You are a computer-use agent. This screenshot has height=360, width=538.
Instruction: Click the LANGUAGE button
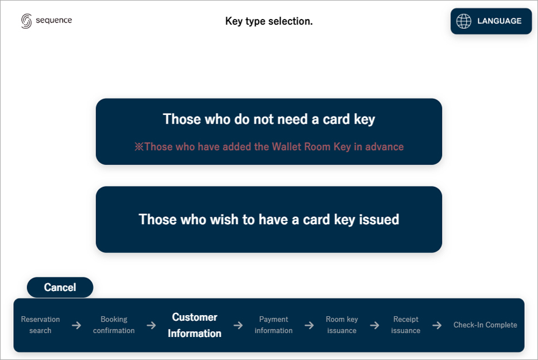[x=491, y=21]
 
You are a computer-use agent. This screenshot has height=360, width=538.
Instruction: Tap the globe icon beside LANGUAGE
[x=463, y=21]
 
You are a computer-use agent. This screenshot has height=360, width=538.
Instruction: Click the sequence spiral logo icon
[x=26, y=21]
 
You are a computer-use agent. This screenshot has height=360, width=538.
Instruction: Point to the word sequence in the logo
[x=54, y=20]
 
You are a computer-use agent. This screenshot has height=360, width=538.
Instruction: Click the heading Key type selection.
[x=269, y=21]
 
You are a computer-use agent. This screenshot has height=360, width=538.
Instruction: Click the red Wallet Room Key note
[x=269, y=147]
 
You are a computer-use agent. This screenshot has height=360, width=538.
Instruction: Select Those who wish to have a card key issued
[x=269, y=220]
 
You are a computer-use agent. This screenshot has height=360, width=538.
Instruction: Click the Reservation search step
[x=40, y=325]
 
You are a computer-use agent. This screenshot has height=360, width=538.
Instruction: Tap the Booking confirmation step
[x=114, y=325]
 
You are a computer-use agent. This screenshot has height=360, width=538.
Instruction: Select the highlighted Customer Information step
[x=194, y=325]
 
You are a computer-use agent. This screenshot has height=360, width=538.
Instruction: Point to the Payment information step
[x=274, y=325]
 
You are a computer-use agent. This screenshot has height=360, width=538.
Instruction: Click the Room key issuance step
[x=342, y=325]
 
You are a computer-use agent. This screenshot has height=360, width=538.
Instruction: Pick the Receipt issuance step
[x=406, y=325]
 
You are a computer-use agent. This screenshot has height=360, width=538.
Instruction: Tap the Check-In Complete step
[x=485, y=325]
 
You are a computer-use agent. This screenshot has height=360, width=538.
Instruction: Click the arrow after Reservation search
[x=76, y=325]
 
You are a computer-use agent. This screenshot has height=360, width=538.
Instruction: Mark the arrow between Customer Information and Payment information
[x=238, y=325]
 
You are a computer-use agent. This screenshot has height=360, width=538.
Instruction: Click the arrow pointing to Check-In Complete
[x=437, y=325]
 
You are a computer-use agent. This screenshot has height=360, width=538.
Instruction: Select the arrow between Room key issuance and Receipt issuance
[x=375, y=325]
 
